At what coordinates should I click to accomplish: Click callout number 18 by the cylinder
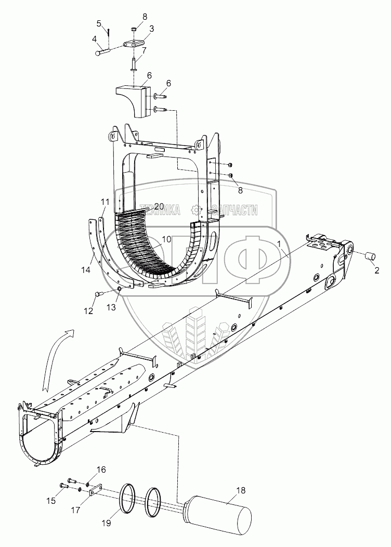click(241, 490)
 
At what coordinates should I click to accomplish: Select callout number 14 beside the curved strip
click(85, 270)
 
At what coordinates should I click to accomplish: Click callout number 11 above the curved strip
click(105, 201)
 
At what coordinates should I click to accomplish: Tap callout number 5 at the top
click(99, 23)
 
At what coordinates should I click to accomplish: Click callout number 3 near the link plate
click(151, 28)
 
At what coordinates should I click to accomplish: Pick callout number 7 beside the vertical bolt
click(144, 50)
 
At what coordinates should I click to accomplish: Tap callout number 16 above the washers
click(101, 470)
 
